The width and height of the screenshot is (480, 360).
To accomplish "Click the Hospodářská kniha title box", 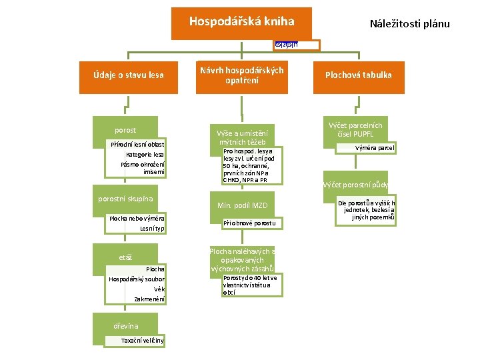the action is click(241, 23).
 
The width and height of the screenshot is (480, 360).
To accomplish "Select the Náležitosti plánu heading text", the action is click(409, 24).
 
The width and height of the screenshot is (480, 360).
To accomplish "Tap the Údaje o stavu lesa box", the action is click(129, 75).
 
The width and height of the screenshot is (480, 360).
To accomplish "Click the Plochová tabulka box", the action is click(358, 75).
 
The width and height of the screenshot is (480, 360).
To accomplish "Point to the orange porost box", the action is click(126, 130).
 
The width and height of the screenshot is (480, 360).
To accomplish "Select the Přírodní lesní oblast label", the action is click(138, 145).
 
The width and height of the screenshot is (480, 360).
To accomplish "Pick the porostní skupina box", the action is click(126, 199).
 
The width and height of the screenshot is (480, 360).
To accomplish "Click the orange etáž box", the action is click(126, 257).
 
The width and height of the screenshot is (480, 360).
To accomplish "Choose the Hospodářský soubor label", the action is click(137, 279).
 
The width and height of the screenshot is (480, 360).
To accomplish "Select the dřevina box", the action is click(126, 326).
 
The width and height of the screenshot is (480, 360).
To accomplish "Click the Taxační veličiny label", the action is click(142, 341).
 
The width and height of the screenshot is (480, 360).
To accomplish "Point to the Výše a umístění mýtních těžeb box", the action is click(241, 137).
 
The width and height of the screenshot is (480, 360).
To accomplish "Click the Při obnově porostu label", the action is click(249, 222).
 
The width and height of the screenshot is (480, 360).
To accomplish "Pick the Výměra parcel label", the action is click(374, 147).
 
